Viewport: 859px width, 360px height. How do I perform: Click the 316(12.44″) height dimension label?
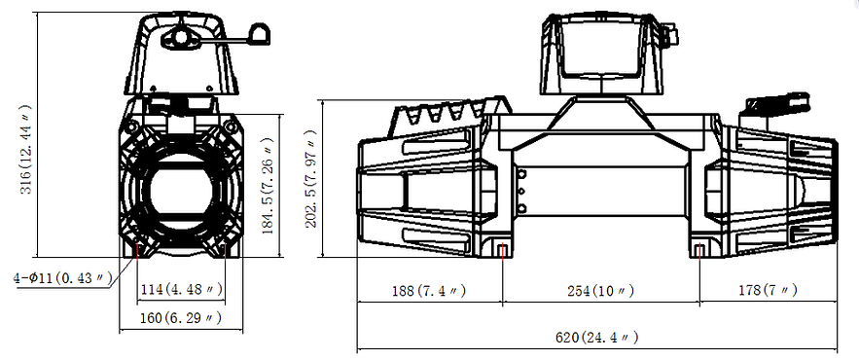click(26, 150)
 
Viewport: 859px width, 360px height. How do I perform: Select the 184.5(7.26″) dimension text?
click(268, 186)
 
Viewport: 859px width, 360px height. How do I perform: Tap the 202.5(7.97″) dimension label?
click(310, 179)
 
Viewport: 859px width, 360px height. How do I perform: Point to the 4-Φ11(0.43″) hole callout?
click(62, 278)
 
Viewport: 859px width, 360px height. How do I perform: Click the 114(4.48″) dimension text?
click(181, 289)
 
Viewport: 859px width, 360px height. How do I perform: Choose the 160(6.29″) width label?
click(181, 317)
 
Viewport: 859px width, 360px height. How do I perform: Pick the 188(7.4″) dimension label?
click(430, 290)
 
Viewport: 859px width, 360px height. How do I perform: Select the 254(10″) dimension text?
click(601, 290)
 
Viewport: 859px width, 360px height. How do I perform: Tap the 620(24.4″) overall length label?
click(597, 337)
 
